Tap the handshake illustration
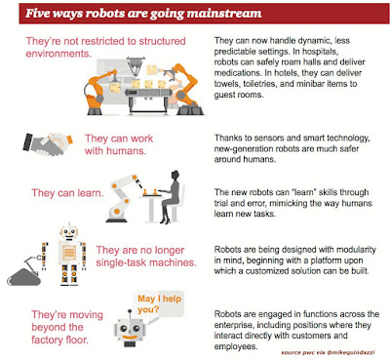[x=48, y=143]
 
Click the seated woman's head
[x=175, y=175]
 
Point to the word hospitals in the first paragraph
[x=321, y=52]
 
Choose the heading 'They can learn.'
[x=67, y=193]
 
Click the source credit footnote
[x=328, y=352]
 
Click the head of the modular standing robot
[x=69, y=231]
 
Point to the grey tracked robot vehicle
[x=24, y=272]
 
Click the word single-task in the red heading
[x=123, y=262]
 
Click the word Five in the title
[x=36, y=14]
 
